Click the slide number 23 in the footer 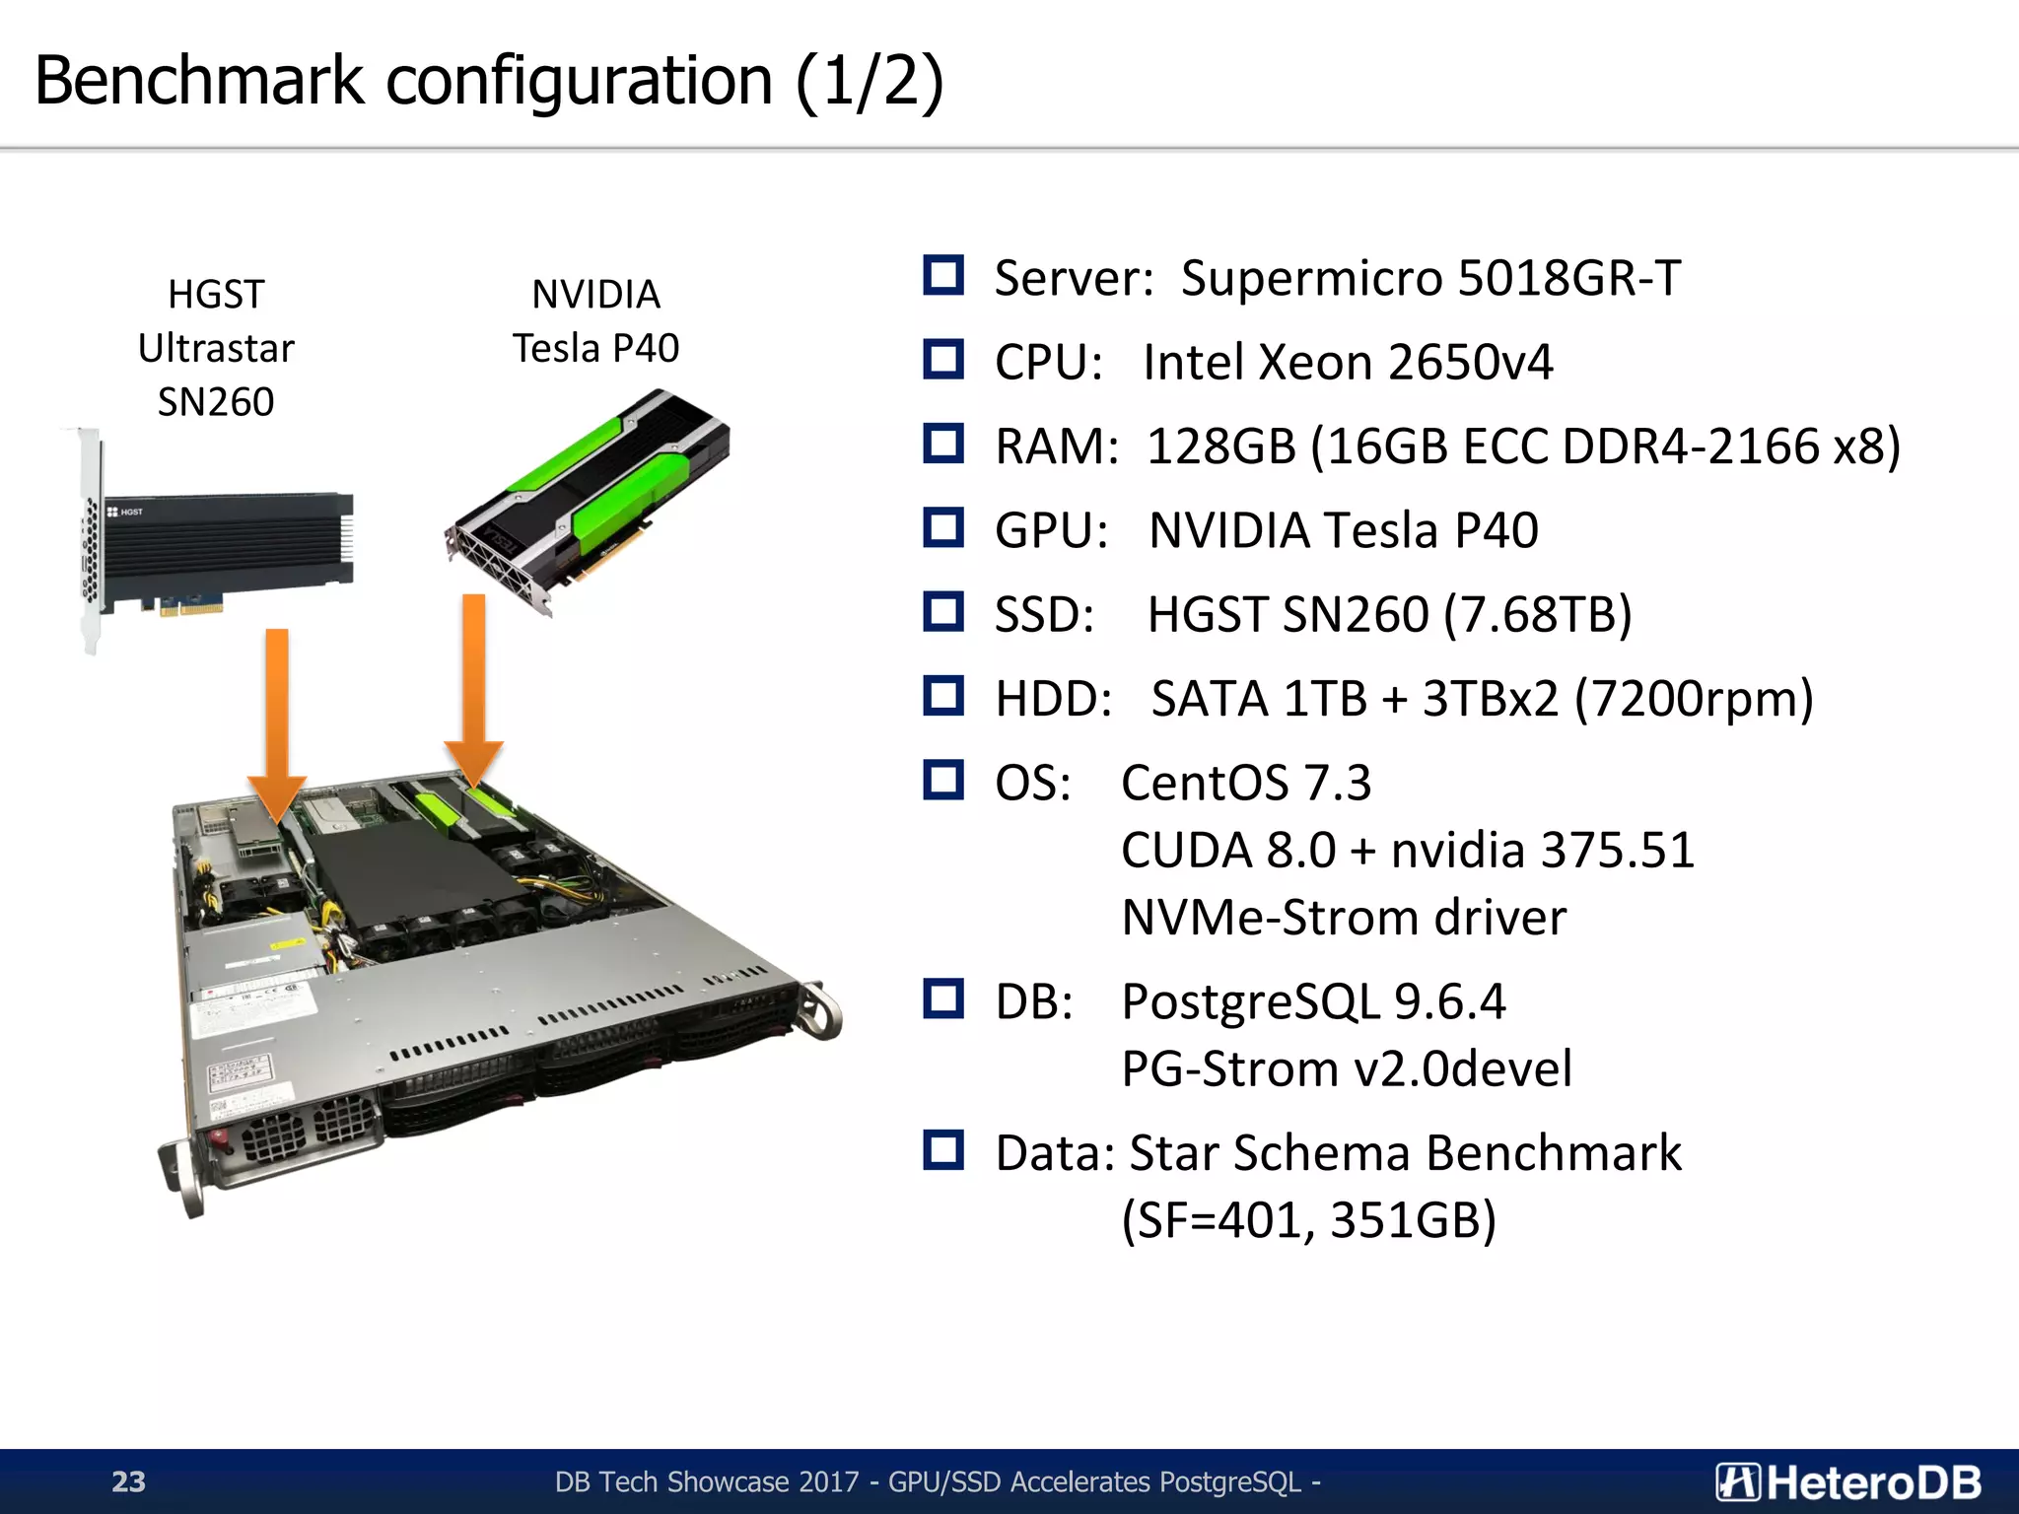tap(128, 1481)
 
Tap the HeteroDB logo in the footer tap(1848, 1481)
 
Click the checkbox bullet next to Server tap(943, 276)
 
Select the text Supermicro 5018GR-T tap(1430, 278)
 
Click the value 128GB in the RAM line tap(1220, 447)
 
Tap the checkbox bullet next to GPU tap(943, 528)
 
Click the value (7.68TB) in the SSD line tap(1538, 615)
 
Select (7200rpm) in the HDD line tap(1694, 700)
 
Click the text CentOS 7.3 tap(1246, 784)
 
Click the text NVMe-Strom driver tap(1344, 918)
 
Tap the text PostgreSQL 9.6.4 tap(1313, 1002)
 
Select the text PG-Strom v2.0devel tap(1347, 1069)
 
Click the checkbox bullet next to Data tap(943, 1150)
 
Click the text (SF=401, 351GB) tap(1309, 1220)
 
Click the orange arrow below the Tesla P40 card tap(474, 690)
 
